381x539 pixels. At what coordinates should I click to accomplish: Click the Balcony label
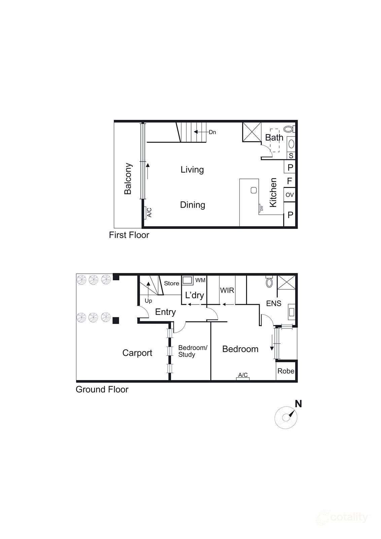pyautogui.click(x=128, y=179)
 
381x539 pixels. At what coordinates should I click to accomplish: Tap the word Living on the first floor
pyautogui.click(x=192, y=169)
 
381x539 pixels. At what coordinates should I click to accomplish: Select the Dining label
pyautogui.click(x=193, y=205)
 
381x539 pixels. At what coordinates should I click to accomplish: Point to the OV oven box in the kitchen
pyautogui.click(x=289, y=195)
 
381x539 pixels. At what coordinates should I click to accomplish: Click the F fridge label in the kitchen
pyautogui.click(x=289, y=181)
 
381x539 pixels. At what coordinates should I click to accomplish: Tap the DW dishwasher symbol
pyautogui.click(x=261, y=209)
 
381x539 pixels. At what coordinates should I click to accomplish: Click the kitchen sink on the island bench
pyautogui.click(x=254, y=190)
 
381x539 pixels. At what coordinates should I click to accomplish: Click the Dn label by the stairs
pyautogui.click(x=212, y=132)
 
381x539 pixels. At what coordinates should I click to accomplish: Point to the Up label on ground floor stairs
pyautogui.click(x=148, y=301)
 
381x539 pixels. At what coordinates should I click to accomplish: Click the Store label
pyautogui.click(x=172, y=283)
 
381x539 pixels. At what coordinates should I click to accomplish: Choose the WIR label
pyautogui.click(x=227, y=290)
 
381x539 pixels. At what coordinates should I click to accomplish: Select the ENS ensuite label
pyautogui.click(x=274, y=303)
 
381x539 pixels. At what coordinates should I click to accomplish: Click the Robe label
pyautogui.click(x=286, y=371)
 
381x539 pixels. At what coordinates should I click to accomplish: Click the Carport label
pyautogui.click(x=137, y=353)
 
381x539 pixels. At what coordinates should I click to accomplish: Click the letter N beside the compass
pyautogui.click(x=298, y=404)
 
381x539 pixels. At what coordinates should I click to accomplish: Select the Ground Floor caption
pyautogui.click(x=102, y=389)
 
